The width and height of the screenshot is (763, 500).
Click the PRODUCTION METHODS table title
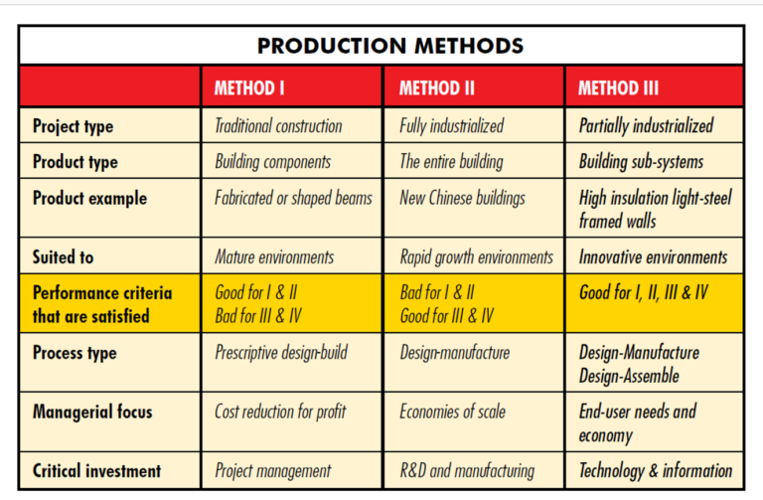coord(382,46)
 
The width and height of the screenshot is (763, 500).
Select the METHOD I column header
coord(249,88)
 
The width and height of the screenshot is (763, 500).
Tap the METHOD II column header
coord(437,88)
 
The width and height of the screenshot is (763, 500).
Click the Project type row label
coord(73,126)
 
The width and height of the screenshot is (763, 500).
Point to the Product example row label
coord(89,198)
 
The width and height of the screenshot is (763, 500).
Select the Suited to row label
coord(63,257)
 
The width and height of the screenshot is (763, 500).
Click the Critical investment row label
coord(96,471)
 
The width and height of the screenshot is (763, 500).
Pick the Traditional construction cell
coord(278,126)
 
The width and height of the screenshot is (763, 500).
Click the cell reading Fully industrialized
coord(451,126)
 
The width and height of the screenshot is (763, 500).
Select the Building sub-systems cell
coord(641,162)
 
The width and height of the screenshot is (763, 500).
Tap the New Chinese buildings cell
coord(462,198)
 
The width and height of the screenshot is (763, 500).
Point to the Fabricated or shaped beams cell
coord(293,198)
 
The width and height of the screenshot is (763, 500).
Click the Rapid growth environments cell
coord(476,257)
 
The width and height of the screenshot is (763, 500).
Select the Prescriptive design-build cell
coord(281,353)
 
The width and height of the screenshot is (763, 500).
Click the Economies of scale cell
coord(452,412)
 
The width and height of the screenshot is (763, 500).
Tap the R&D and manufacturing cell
coord(467,471)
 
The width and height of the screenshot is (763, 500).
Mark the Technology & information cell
coord(656,471)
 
